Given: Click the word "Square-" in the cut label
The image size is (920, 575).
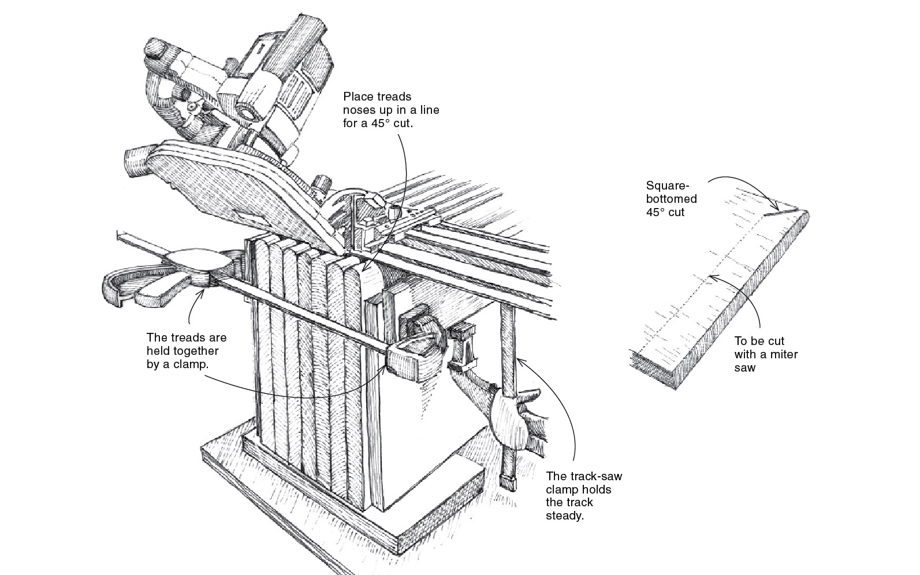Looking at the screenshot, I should [x=668, y=186].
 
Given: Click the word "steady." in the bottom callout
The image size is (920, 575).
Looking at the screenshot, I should [x=564, y=515].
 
